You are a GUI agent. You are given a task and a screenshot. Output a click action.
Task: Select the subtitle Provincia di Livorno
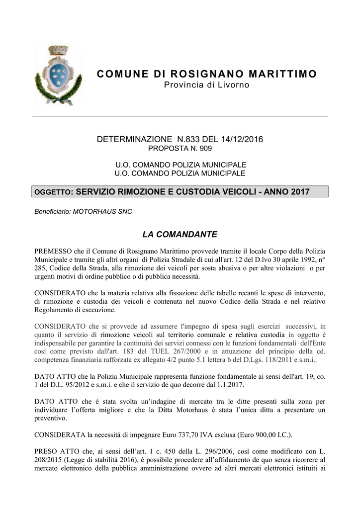(206, 86)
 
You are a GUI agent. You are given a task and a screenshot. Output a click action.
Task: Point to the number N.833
(187, 139)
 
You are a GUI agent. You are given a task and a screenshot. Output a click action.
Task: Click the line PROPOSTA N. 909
(180, 149)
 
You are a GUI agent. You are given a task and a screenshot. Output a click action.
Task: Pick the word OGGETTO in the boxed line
(53, 192)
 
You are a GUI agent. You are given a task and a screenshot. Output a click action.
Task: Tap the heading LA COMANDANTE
(180, 234)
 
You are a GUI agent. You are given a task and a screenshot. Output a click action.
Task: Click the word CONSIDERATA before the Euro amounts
(59, 435)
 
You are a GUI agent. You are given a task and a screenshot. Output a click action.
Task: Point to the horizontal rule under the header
(180, 116)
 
